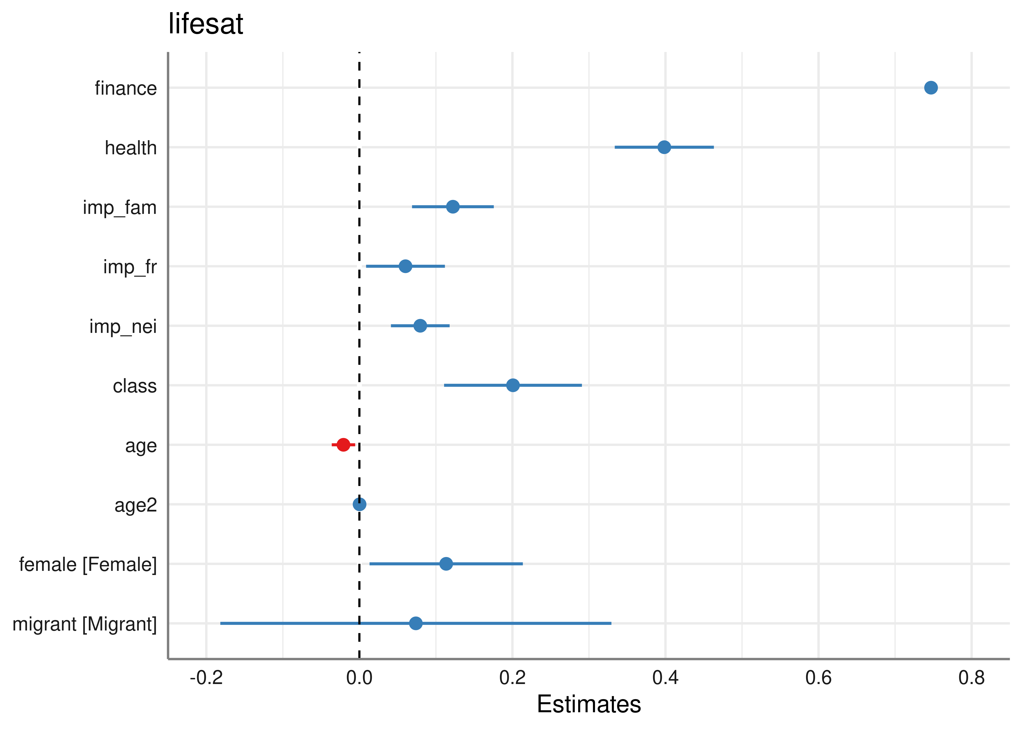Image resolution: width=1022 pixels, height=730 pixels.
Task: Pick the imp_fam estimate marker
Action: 453,207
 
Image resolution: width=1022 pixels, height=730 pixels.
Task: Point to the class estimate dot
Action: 513,385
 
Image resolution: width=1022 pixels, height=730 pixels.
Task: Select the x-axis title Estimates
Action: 589,704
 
